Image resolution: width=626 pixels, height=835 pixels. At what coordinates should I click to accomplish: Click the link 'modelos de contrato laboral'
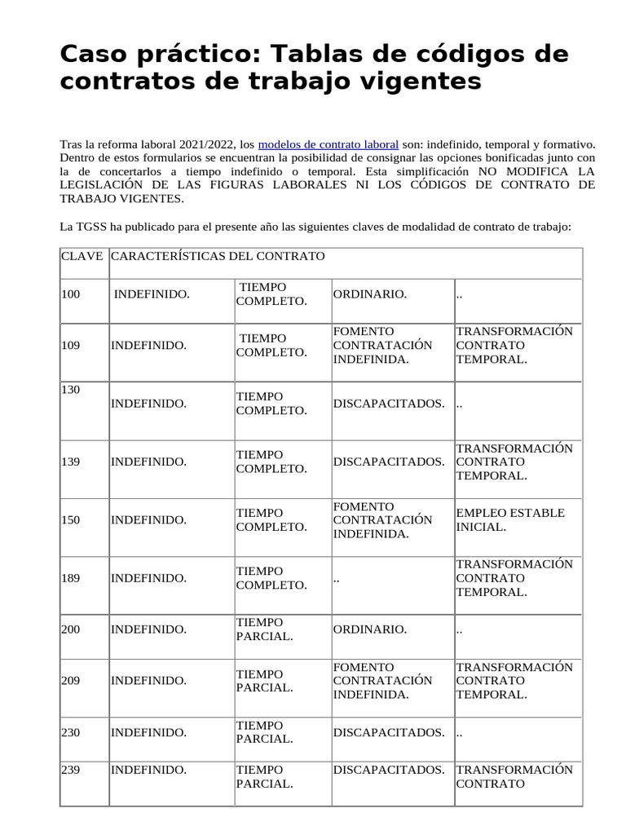point(328,144)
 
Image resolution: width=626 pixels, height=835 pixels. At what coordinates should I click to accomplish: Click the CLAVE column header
point(82,256)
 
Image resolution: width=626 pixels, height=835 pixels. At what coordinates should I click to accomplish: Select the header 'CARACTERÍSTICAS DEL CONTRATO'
point(218,256)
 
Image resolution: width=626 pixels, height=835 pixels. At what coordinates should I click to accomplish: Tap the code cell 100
point(71,294)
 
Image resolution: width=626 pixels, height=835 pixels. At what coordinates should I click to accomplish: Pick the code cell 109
point(71,345)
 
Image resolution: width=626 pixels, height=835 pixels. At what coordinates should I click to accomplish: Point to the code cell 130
point(71,390)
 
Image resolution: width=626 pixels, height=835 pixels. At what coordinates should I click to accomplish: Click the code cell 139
point(71,462)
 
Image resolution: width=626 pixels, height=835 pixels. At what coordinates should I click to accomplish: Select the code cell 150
point(71,519)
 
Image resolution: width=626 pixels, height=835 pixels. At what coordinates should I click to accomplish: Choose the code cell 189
point(71,578)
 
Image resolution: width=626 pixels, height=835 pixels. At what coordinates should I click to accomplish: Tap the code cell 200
point(71,630)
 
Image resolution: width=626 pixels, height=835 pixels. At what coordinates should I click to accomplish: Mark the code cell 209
point(71,681)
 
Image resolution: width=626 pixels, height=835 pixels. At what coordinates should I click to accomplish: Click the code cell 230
point(71,732)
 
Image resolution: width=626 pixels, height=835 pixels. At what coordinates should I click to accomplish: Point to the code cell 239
point(71,770)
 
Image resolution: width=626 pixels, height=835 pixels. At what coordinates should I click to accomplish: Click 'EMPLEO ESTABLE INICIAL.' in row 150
point(509,519)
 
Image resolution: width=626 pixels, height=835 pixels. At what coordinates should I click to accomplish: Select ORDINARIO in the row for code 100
point(369,294)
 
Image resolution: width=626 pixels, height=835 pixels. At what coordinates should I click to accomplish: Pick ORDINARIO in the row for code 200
point(369,630)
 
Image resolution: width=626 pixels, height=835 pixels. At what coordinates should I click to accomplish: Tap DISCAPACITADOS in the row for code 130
point(389,404)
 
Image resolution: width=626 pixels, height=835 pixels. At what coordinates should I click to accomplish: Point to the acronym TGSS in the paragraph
point(92,227)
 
